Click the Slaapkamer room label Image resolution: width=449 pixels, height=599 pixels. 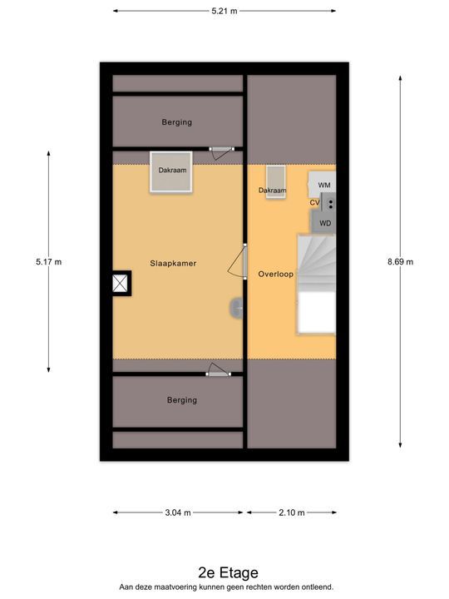(173, 263)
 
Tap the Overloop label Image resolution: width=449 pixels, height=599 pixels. (276, 274)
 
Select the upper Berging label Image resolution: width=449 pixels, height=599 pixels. (177, 122)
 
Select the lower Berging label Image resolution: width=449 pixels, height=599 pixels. (182, 400)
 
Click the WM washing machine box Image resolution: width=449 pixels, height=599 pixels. (323, 184)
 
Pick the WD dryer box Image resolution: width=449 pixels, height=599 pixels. (324, 222)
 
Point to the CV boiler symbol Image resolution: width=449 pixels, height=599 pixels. (328, 202)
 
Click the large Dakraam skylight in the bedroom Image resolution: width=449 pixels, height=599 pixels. (171, 171)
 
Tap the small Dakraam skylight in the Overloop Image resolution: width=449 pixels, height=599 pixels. (276, 182)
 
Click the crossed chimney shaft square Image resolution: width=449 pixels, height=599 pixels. (121, 284)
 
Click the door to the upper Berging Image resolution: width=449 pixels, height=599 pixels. (221, 151)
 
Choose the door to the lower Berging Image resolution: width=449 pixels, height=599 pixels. (218, 370)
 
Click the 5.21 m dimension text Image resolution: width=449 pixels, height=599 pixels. (224, 11)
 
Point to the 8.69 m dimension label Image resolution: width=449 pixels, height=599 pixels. (400, 262)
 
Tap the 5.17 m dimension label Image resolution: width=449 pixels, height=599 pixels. (48, 262)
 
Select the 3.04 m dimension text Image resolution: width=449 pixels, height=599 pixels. (178, 512)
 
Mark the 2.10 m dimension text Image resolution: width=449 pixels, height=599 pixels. (292, 512)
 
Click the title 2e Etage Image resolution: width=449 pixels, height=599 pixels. (229, 572)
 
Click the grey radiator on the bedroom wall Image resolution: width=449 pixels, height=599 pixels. (236, 308)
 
